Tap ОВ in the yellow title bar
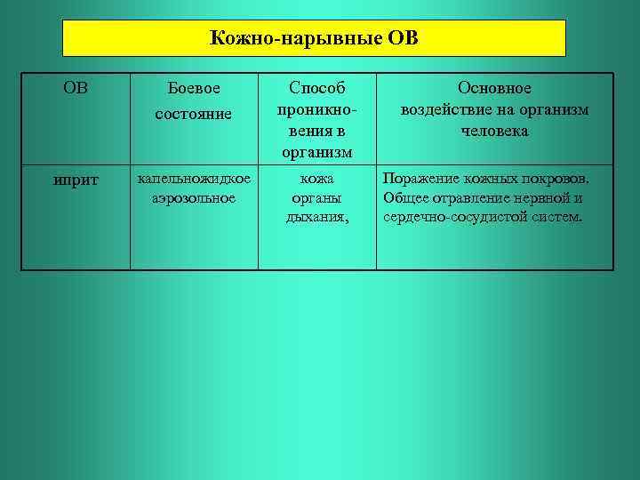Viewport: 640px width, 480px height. click(x=404, y=39)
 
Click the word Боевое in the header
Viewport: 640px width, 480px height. click(x=194, y=90)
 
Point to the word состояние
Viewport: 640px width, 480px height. click(x=194, y=114)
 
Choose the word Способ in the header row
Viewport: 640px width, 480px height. click(x=316, y=89)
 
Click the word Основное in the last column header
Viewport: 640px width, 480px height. click(x=494, y=89)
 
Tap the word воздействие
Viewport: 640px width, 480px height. click(x=444, y=110)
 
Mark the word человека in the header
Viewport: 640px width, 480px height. click(x=494, y=131)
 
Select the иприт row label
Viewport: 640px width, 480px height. click(x=76, y=180)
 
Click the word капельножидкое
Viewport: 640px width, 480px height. click(x=194, y=180)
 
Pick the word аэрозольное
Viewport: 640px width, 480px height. click(x=194, y=197)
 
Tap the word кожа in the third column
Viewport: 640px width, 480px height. click(x=316, y=180)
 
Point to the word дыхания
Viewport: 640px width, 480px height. click(x=316, y=215)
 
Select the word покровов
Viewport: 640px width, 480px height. click(x=556, y=180)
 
